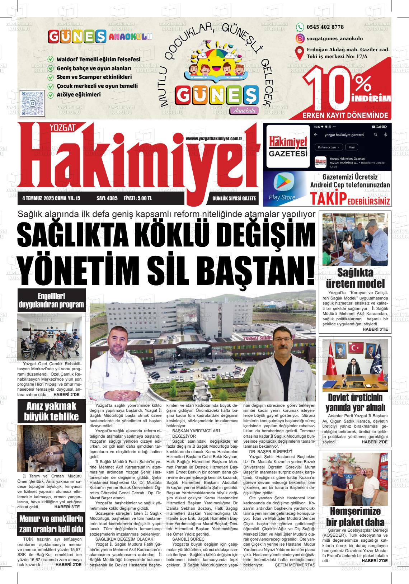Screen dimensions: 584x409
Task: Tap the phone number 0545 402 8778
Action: pyautogui.click(x=325, y=27)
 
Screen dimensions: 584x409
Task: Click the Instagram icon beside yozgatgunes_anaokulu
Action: pyautogui.click(x=300, y=38)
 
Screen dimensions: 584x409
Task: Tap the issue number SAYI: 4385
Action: pyautogui.click(x=107, y=198)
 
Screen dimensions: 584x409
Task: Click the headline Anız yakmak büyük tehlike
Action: pyautogui.click(x=51, y=411)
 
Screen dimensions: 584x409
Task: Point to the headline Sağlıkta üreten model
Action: pyautogui.click(x=355, y=278)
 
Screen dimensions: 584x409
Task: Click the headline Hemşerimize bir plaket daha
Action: pyautogui.click(x=355, y=517)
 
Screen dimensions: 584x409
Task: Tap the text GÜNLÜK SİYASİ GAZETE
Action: pyautogui.click(x=234, y=198)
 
